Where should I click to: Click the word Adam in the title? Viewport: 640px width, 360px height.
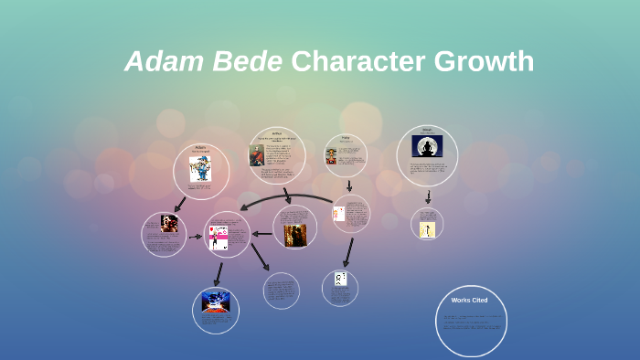[x=156, y=62]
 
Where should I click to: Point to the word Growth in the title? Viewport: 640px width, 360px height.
[x=484, y=62]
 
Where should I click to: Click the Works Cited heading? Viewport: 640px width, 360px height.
[x=469, y=300]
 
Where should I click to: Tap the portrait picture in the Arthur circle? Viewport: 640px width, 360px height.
[x=257, y=155]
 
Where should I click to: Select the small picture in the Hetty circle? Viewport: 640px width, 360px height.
[x=331, y=156]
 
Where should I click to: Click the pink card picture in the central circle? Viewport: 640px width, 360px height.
[x=219, y=237]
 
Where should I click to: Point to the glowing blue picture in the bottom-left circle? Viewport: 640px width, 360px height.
[x=216, y=302]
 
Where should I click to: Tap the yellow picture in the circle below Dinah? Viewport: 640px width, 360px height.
[x=426, y=229]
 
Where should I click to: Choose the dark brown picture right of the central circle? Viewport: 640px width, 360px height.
[x=294, y=235]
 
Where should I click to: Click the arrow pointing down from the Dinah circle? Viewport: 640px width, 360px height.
[x=428, y=196]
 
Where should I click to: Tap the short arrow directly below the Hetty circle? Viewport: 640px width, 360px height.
[x=349, y=185]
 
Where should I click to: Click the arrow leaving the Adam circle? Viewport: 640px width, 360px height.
[x=180, y=205]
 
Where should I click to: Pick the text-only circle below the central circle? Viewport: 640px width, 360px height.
[x=281, y=291]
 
